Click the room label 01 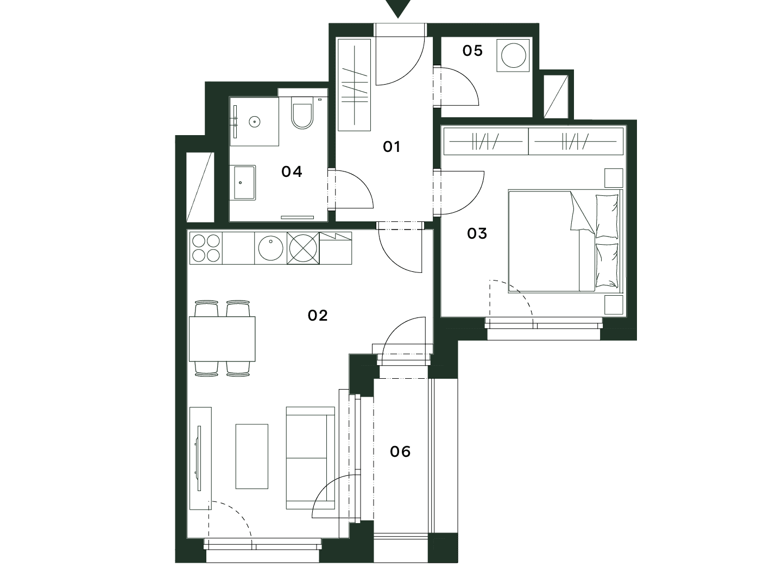click(x=392, y=147)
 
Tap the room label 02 click(x=317, y=315)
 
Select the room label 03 click(x=477, y=233)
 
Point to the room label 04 click(x=292, y=171)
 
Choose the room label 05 click(x=472, y=50)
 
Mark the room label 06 click(x=400, y=451)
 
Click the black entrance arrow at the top click(x=398, y=8)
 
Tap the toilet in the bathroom click(x=302, y=113)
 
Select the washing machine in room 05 click(x=514, y=55)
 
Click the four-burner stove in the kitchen click(x=206, y=248)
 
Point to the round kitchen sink click(x=271, y=248)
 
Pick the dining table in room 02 click(x=222, y=339)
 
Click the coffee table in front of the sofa click(x=252, y=456)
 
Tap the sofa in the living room click(x=311, y=458)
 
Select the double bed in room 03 click(x=565, y=241)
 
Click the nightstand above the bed click(x=614, y=178)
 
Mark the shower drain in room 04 click(x=255, y=122)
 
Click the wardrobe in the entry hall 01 click(x=355, y=85)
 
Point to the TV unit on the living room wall click(x=201, y=458)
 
